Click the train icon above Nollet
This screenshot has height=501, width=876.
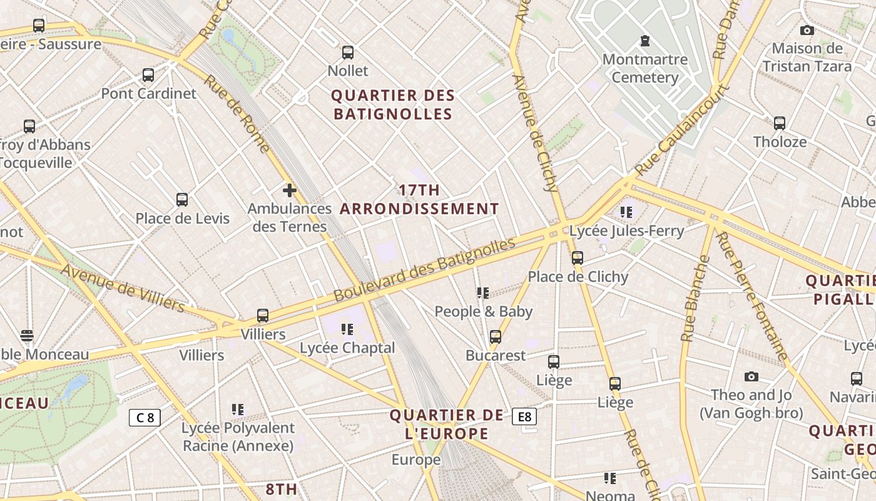tap(348, 53)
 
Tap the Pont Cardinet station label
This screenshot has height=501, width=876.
tap(149, 93)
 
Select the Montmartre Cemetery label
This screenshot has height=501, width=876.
tap(644, 69)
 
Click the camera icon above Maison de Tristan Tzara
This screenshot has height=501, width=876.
tap(807, 30)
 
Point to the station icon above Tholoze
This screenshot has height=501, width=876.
tap(780, 123)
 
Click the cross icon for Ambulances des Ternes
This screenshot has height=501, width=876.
tap(289, 190)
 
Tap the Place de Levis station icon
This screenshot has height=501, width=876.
tap(182, 200)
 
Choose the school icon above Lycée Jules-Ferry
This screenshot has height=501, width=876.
tap(626, 212)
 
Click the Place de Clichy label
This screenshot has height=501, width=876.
tap(578, 277)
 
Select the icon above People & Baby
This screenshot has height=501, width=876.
tap(482, 292)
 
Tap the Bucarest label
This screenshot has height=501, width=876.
tap(496, 355)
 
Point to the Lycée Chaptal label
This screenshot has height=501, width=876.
tap(347, 348)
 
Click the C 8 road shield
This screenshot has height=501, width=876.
tap(145, 417)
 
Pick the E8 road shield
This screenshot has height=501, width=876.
tap(524, 416)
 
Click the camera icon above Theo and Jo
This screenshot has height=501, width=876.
tap(751, 376)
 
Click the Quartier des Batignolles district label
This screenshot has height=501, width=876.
tap(392, 105)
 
